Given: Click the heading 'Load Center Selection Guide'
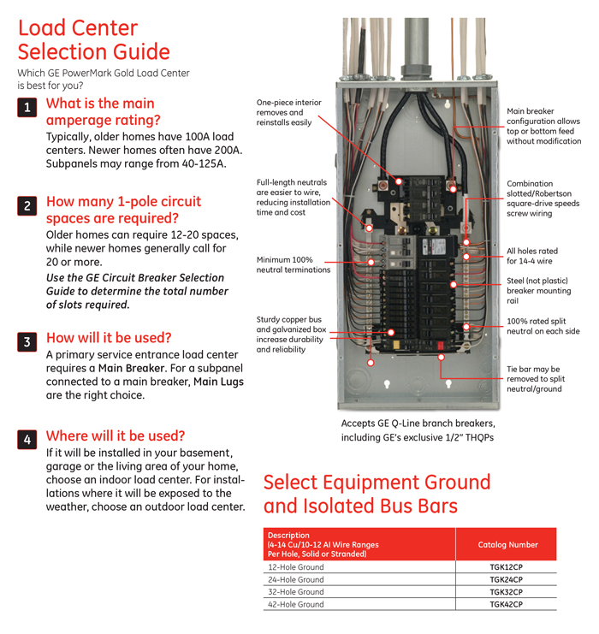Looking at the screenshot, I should tap(94, 40).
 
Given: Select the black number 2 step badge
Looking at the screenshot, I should tap(27, 206).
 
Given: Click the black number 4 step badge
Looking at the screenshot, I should tap(27, 440).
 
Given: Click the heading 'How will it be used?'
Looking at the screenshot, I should tap(109, 338).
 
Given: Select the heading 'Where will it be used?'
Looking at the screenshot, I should tap(115, 436).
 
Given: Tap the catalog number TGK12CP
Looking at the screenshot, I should tap(506, 566).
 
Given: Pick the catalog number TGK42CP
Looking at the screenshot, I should tap(506, 604).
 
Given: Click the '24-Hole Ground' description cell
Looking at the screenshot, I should tap(296, 579).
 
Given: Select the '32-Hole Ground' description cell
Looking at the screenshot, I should tap(296, 591).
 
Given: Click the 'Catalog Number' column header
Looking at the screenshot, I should tap(507, 544).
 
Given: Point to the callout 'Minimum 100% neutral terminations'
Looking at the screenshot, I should tap(293, 264).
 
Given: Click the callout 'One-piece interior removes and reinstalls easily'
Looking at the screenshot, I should tap(288, 112).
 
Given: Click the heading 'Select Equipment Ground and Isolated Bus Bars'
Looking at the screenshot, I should tap(377, 495).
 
